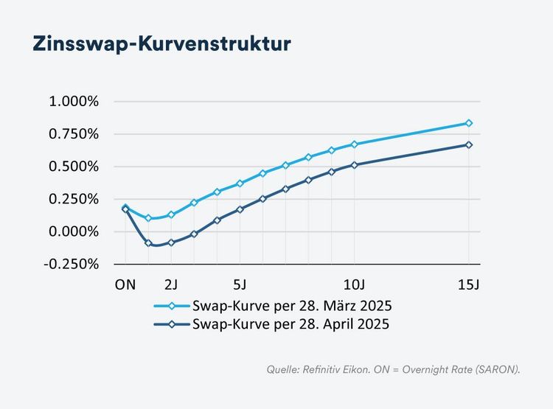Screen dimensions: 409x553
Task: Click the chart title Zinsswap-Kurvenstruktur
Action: point(161,43)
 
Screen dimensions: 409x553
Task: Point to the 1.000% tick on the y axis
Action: point(74,102)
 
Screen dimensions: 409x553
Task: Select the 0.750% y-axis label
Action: point(74,134)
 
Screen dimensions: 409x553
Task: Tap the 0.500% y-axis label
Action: point(74,167)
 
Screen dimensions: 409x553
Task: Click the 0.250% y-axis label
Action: point(74,199)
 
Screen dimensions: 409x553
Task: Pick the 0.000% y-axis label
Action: point(74,231)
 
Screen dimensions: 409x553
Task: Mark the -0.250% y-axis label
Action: point(72,264)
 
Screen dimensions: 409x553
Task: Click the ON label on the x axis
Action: point(125,284)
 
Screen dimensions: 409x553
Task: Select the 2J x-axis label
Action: point(171,284)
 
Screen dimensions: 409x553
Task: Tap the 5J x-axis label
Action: point(240,284)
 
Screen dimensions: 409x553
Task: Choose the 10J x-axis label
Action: point(355,284)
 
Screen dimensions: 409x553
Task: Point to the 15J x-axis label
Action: point(469,284)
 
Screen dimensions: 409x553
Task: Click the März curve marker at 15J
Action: point(469,123)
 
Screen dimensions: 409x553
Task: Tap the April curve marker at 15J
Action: point(469,145)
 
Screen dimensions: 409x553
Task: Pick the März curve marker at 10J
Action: point(355,144)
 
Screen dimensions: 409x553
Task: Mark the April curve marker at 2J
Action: point(171,242)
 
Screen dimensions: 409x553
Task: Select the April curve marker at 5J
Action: point(240,209)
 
